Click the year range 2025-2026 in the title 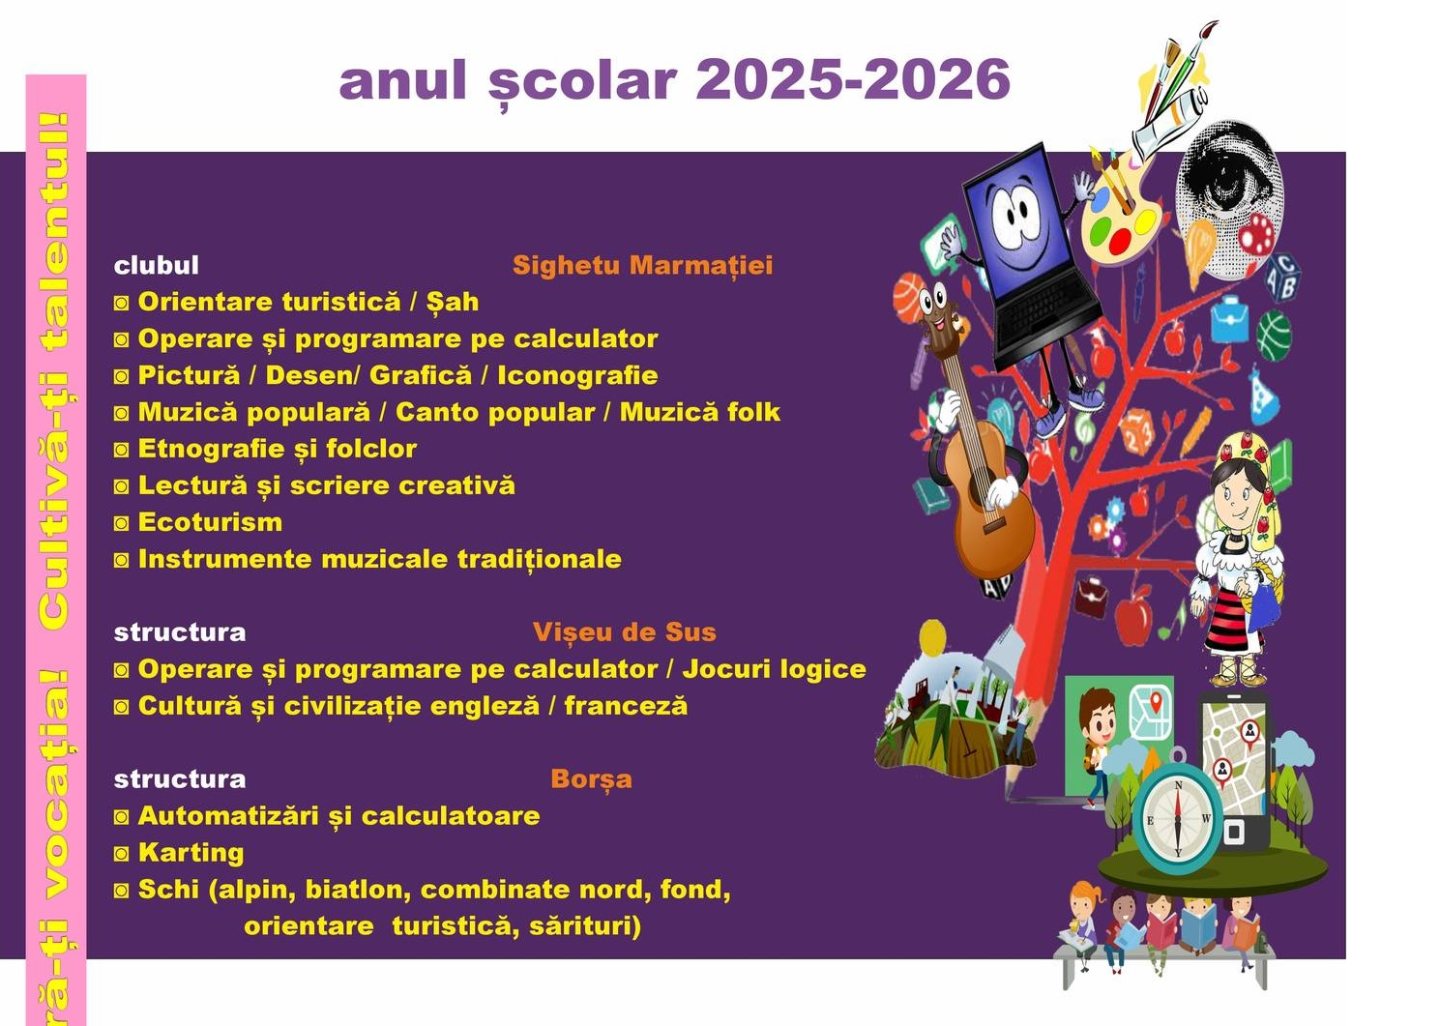tap(852, 79)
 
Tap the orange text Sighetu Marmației tap(642, 266)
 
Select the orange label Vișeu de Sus tap(624, 632)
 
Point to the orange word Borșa tap(592, 779)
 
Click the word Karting tap(191, 853)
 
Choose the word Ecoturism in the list tap(210, 522)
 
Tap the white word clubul tap(157, 266)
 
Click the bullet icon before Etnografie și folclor tap(122, 450)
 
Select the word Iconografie tap(577, 375)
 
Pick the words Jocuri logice tap(774, 669)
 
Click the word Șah tap(453, 301)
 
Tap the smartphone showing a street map tap(1234, 772)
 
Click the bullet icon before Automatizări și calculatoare tap(122, 817)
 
